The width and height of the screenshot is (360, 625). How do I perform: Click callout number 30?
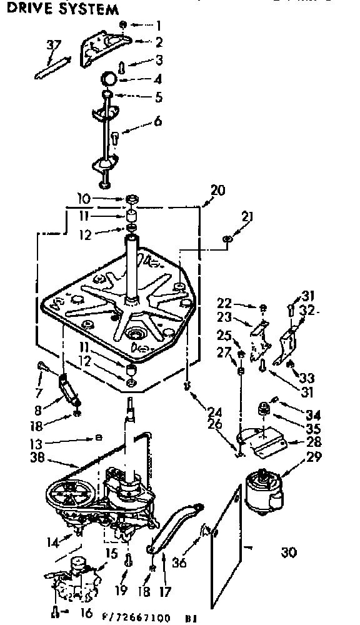[x=288, y=552]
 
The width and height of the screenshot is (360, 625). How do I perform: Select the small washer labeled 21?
[x=227, y=238]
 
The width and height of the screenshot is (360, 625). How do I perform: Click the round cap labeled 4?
[x=110, y=79]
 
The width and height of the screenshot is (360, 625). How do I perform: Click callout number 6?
[x=157, y=121]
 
